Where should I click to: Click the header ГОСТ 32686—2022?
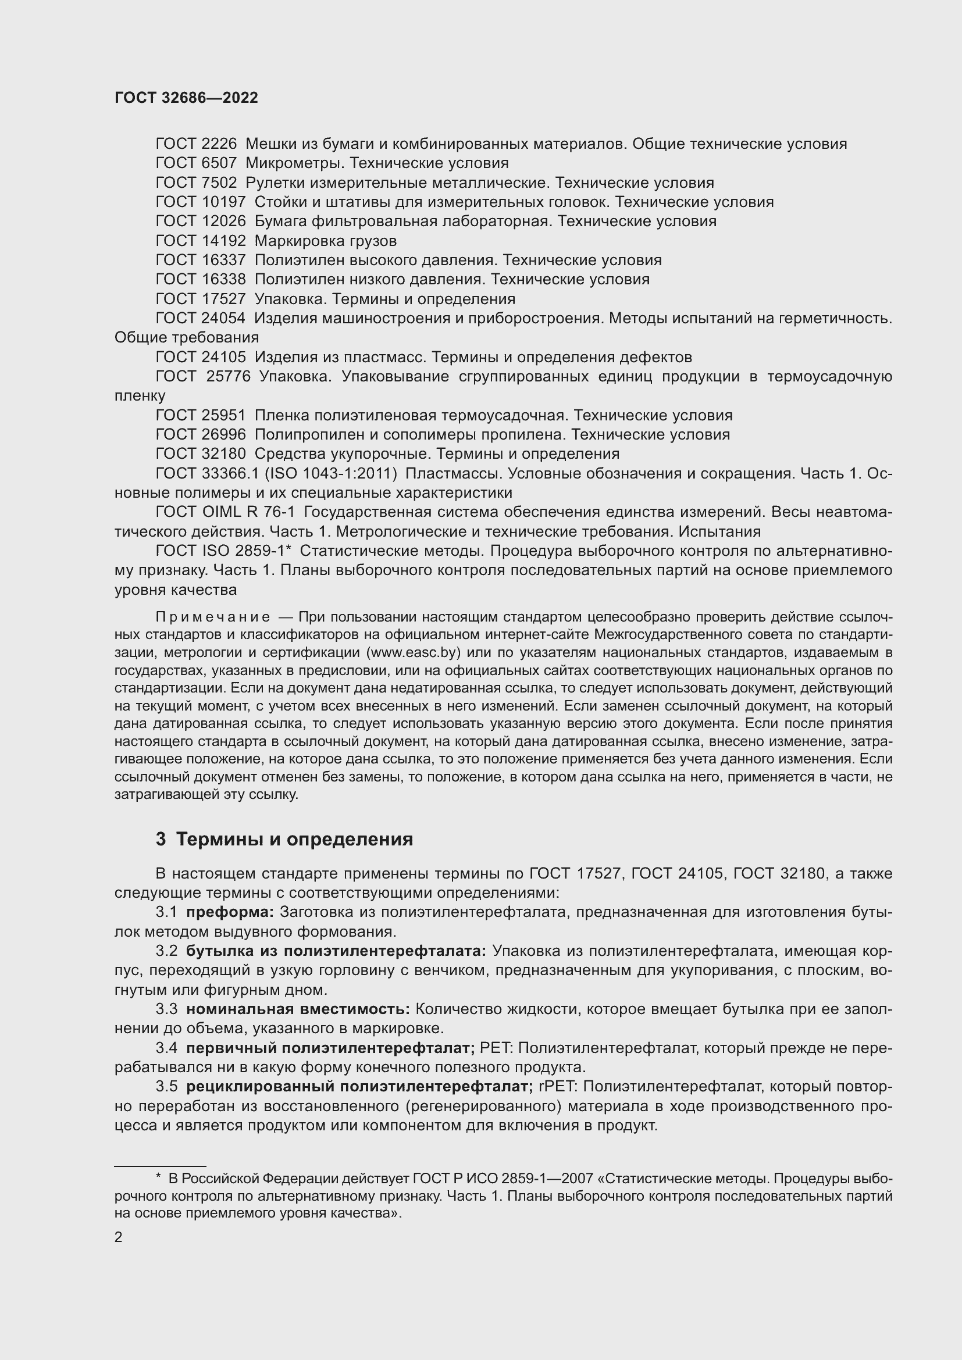(186, 98)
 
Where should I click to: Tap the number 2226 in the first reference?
(219, 144)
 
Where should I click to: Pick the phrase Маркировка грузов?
(325, 241)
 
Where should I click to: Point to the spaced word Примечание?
(213, 618)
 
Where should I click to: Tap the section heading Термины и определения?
(294, 840)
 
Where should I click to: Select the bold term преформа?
(230, 912)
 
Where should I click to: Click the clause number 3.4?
(166, 1048)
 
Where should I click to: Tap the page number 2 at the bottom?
(119, 1237)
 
